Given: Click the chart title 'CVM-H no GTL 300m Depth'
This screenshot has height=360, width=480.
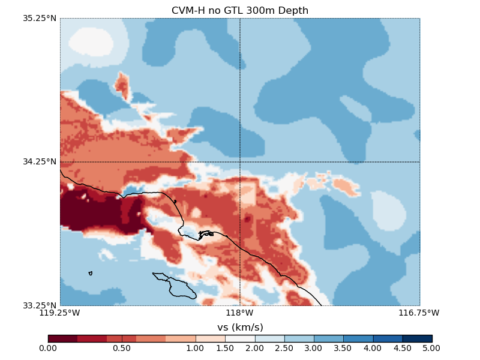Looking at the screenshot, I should (240, 10).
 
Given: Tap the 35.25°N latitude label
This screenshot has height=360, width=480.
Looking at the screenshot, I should (40, 18).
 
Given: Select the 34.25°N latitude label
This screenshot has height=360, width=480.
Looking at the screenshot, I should (40, 161).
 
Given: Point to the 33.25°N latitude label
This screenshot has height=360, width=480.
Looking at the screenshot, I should (40, 305).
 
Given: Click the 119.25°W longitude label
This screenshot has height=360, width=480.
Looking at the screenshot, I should (59, 313).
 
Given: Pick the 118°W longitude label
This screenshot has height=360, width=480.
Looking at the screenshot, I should (240, 313).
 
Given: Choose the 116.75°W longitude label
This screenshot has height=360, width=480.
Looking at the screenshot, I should (419, 313).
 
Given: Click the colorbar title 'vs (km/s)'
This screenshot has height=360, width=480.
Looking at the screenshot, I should (240, 327).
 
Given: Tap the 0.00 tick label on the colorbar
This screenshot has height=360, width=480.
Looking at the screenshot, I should (48, 348).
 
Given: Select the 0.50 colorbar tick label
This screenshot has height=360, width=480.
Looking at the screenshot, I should (122, 348).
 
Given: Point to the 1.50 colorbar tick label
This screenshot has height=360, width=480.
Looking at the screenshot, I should (225, 348).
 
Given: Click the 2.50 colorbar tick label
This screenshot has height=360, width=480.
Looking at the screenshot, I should (284, 348).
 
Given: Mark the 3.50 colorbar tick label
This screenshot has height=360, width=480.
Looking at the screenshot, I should (343, 348).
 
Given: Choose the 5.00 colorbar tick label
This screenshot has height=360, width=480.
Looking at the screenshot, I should (431, 348).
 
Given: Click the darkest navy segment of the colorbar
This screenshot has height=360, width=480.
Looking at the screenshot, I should (417, 338).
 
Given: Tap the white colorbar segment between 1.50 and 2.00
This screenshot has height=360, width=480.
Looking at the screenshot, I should (240, 338).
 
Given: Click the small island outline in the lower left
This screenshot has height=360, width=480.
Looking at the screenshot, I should (90, 273).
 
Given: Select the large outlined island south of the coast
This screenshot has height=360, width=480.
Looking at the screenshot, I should (177, 286).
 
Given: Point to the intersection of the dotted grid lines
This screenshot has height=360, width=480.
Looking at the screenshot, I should (240, 161).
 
